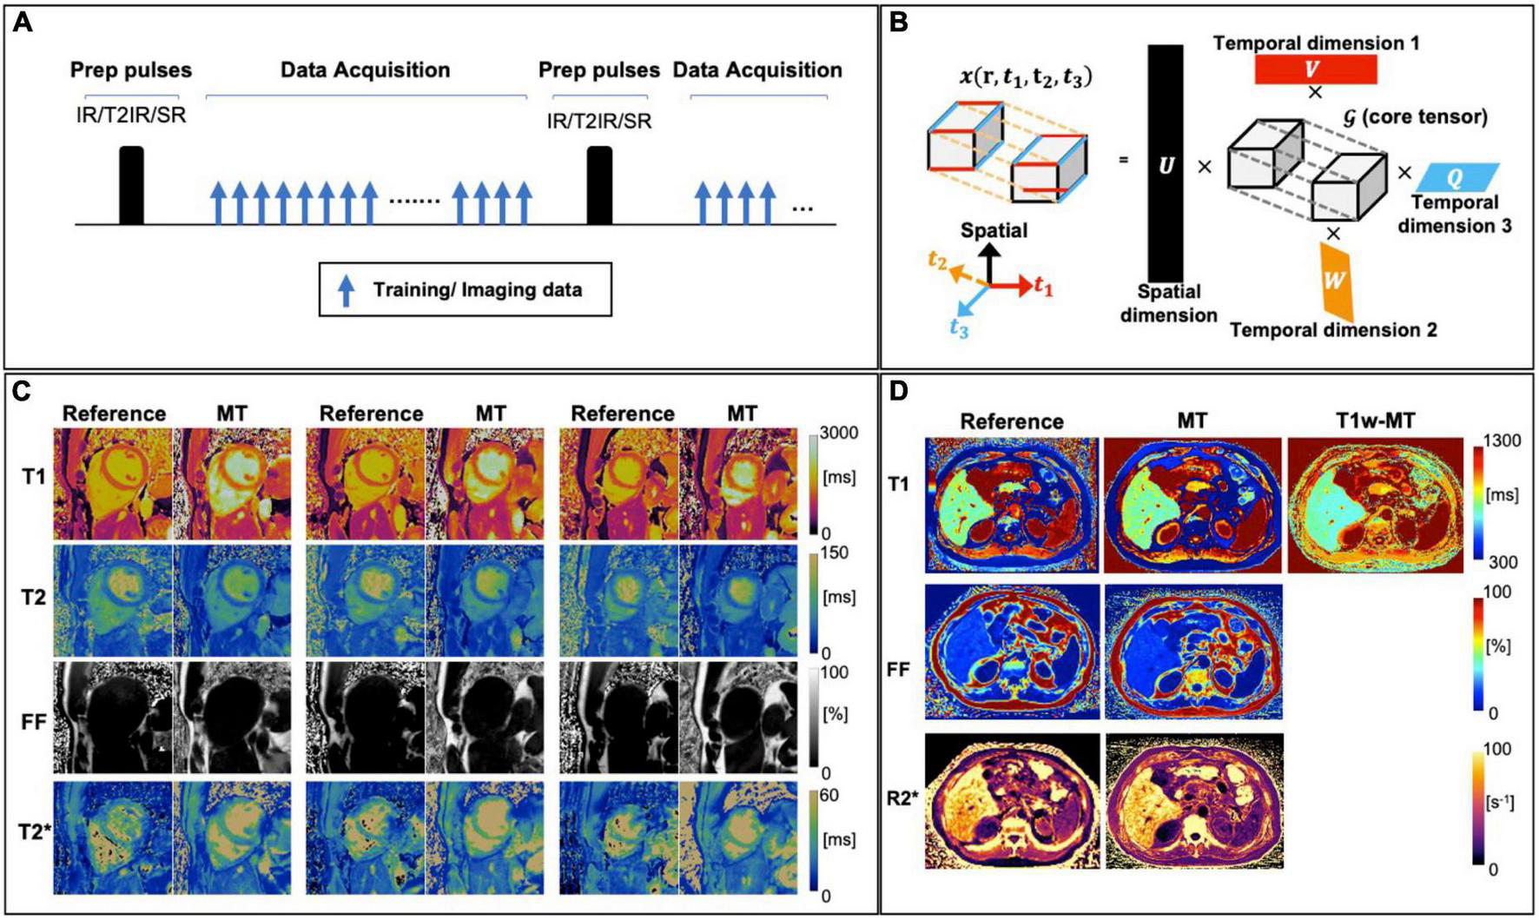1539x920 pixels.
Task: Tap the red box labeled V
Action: (1316, 69)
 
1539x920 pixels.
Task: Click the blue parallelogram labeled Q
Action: (1456, 178)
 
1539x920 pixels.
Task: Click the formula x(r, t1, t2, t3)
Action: (1025, 77)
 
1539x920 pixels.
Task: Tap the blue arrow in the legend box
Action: (347, 290)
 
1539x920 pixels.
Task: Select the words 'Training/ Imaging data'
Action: (478, 290)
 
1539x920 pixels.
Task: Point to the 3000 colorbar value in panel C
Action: (839, 434)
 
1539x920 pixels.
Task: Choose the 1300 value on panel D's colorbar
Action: (1502, 441)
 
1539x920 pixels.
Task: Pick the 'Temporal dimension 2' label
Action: (1333, 330)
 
